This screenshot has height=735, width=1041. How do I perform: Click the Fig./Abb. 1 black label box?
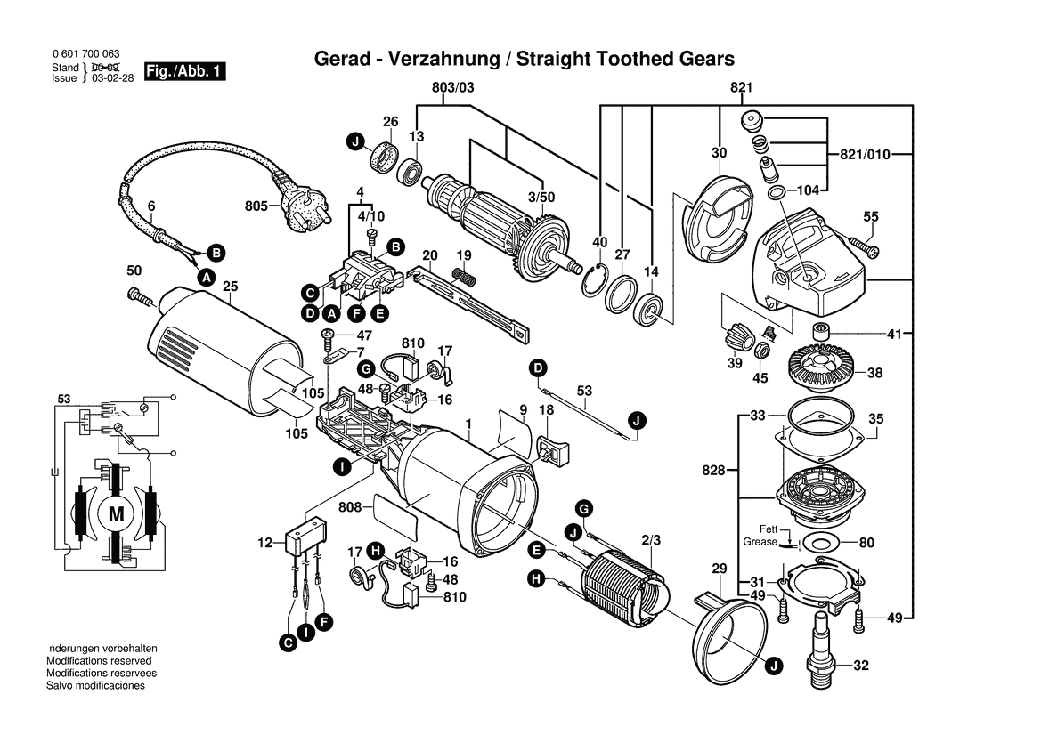point(185,71)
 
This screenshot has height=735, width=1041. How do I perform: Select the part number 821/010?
point(865,155)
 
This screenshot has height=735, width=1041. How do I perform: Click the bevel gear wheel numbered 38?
point(825,369)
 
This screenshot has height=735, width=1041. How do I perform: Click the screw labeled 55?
point(862,245)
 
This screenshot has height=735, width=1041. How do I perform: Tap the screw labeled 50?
point(142,296)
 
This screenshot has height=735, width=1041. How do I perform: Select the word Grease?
point(760,541)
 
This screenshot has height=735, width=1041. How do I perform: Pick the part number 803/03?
point(452,87)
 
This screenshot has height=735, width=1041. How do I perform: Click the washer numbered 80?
point(823,543)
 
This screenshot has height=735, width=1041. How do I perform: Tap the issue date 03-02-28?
point(113,77)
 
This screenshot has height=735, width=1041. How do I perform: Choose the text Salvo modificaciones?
point(95,685)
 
